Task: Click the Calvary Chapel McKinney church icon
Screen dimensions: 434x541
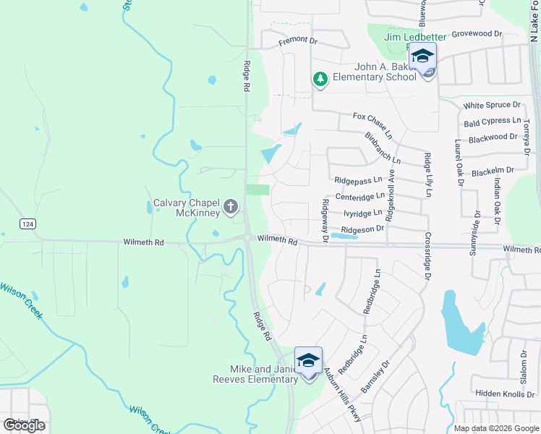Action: pos(231,208)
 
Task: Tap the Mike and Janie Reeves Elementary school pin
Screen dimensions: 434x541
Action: pos(308,361)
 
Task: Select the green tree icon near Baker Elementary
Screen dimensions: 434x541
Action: pos(320,78)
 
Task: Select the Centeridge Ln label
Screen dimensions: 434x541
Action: pos(359,197)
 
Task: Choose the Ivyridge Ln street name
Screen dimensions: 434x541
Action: pos(362,213)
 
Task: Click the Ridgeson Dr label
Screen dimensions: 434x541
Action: pos(362,229)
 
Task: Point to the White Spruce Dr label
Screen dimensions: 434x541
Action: pos(492,106)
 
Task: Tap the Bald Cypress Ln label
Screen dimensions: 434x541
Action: pos(492,122)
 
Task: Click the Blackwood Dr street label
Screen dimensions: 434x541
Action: pos(492,137)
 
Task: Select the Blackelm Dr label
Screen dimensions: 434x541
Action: pos(492,170)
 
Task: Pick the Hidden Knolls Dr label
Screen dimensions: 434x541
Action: pos(503,393)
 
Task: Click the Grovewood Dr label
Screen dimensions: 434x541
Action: pos(477,34)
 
